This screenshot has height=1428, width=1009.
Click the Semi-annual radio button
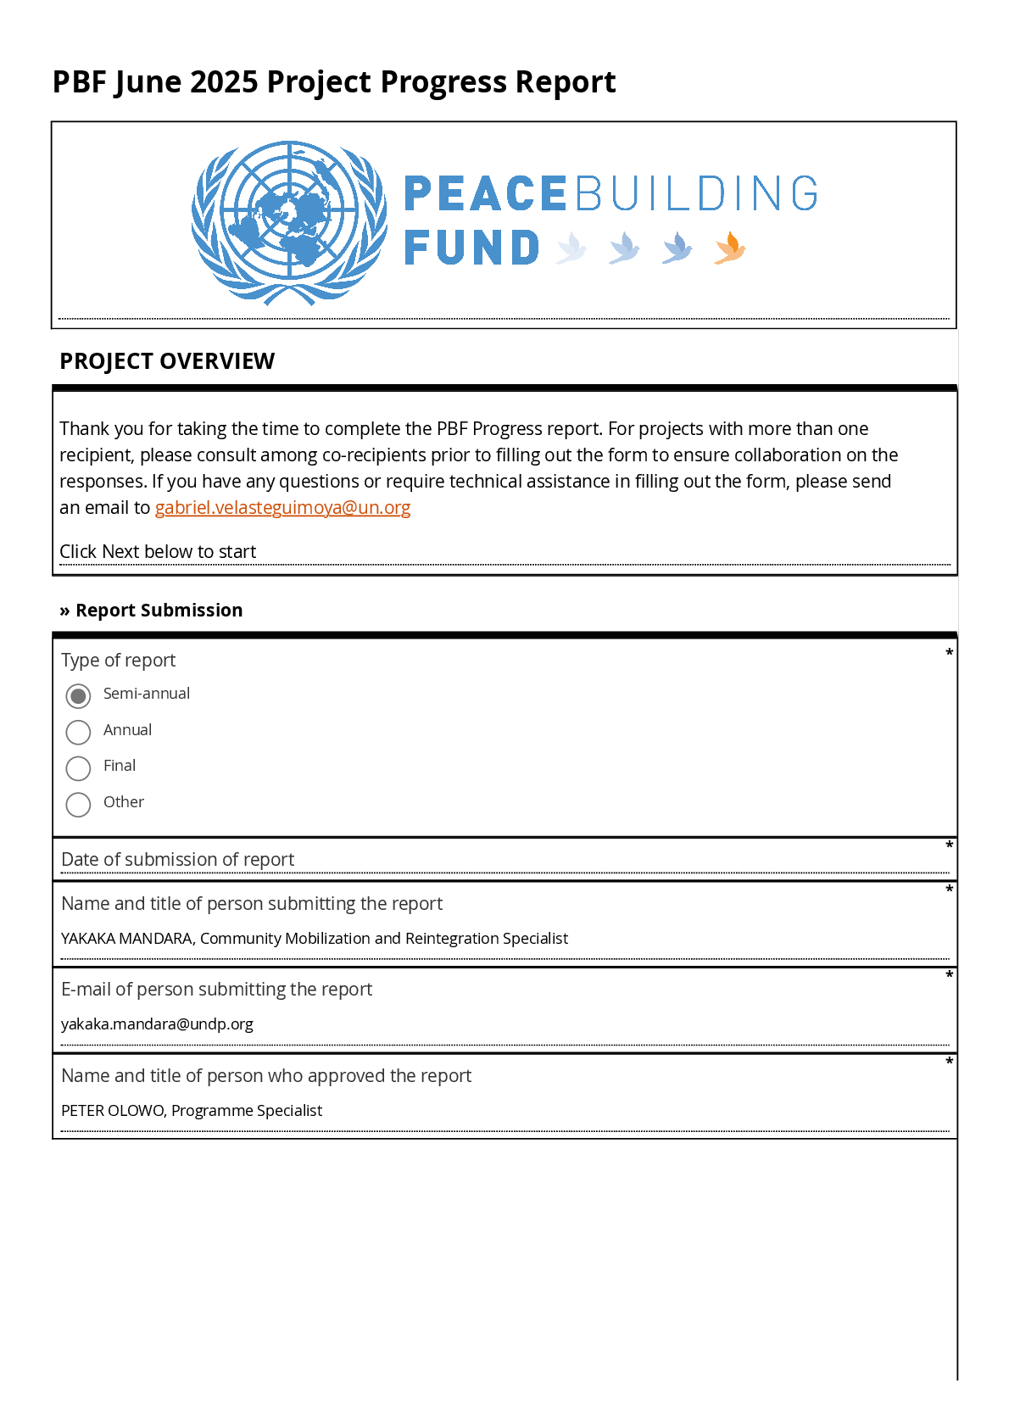[78, 696]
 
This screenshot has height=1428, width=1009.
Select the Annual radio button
[78, 732]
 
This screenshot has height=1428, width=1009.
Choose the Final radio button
[78, 768]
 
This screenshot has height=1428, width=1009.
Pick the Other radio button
[78, 804]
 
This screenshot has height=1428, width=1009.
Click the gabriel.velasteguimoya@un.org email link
[282, 508]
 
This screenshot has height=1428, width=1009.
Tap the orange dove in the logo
[729, 248]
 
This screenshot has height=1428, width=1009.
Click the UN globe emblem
[289, 222]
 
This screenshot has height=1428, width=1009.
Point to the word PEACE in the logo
[485, 194]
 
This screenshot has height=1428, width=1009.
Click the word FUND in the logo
[471, 248]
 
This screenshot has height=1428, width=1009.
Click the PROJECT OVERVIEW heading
[167, 361]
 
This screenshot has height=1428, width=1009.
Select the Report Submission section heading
[159, 611]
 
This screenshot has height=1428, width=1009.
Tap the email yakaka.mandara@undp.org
[157, 1024]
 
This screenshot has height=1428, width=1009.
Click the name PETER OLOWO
[113, 1111]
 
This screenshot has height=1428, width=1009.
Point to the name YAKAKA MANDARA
[127, 939]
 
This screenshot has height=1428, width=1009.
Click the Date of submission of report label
[177, 860]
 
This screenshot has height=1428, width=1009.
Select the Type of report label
[118, 661]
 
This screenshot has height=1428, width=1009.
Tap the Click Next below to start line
[158, 552]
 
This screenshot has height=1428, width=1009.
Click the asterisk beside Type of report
[950, 653]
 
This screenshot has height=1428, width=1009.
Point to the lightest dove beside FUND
[571, 248]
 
